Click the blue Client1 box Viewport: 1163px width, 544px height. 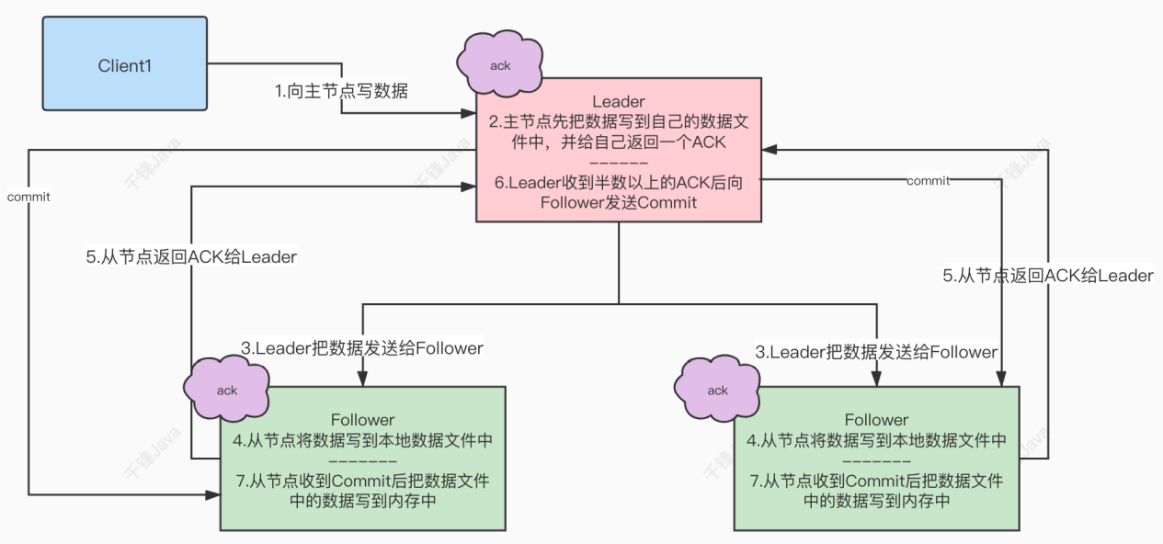pyautogui.click(x=123, y=66)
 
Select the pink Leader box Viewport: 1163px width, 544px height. pyautogui.click(x=618, y=149)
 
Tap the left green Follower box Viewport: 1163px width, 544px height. pyautogui.click(x=362, y=458)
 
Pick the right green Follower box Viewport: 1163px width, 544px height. pyautogui.click(x=876, y=458)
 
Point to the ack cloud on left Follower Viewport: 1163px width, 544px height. pyautogui.click(x=226, y=390)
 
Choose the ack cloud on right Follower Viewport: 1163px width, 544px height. pyautogui.click(x=717, y=390)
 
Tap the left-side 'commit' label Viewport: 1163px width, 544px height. pyautogui.click(x=28, y=197)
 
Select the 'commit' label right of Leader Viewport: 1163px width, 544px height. pyautogui.click(x=928, y=181)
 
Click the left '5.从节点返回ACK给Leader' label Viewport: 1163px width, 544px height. pyautogui.click(x=191, y=257)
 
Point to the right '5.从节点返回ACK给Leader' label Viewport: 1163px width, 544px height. pyautogui.click(x=1048, y=276)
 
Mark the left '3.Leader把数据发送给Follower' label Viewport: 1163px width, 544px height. pyautogui.click(x=362, y=349)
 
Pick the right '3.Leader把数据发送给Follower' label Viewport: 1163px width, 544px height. pyautogui.click(x=875, y=352)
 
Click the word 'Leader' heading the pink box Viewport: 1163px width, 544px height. pyautogui.click(x=618, y=100)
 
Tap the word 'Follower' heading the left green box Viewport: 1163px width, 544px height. pyautogui.click(x=362, y=420)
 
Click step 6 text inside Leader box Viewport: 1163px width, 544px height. pyautogui.click(x=618, y=193)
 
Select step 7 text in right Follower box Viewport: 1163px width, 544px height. pyautogui.click(x=876, y=491)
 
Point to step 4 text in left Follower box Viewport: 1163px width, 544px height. pyautogui.click(x=362, y=441)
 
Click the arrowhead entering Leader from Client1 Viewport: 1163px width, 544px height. pyautogui.click(x=469, y=114)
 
